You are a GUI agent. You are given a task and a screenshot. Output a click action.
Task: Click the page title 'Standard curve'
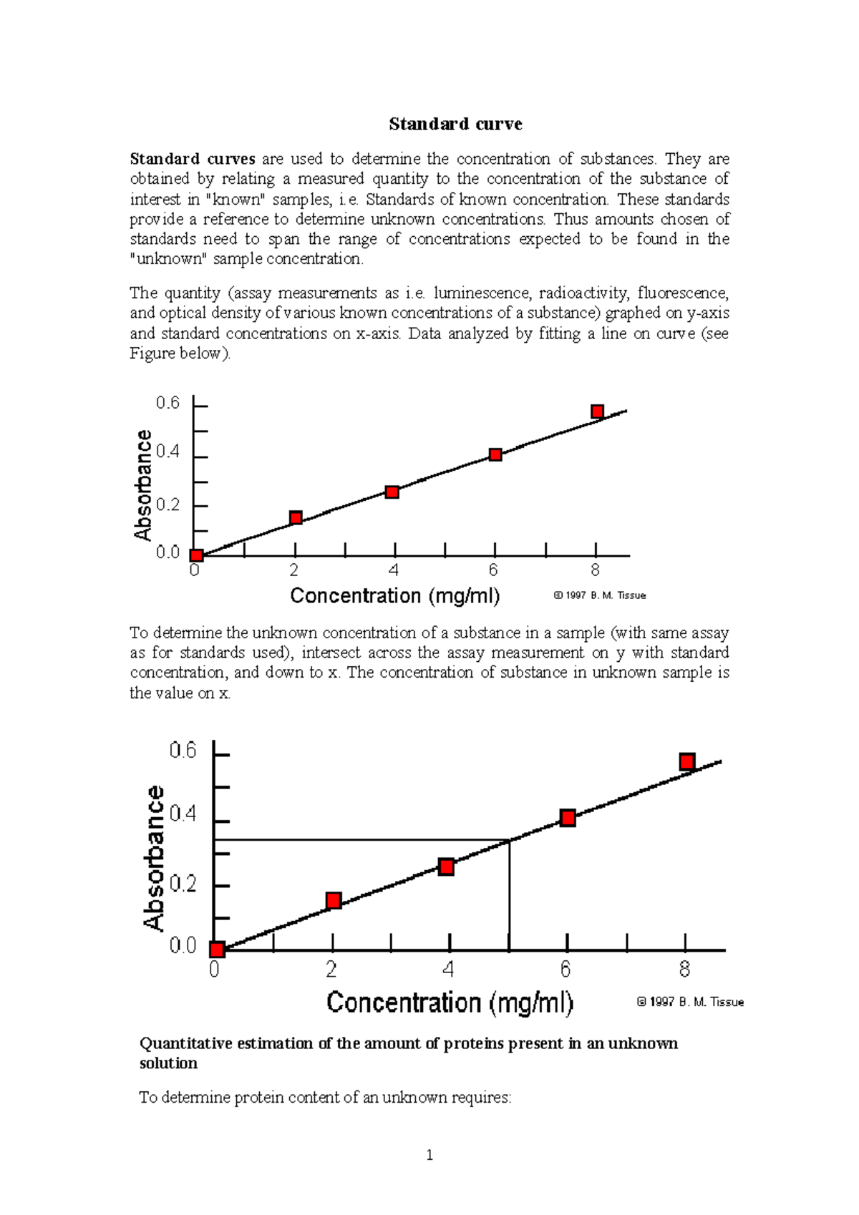click(x=455, y=124)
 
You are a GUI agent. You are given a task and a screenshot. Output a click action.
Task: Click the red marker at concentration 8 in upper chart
click(x=597, y=411)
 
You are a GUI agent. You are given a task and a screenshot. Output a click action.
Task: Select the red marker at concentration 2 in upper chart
click(x=296, y=517)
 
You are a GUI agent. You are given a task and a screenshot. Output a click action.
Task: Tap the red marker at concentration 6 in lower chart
click(x=568, y=818)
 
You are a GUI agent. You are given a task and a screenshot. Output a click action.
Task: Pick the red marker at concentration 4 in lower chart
click(x=446, y=867)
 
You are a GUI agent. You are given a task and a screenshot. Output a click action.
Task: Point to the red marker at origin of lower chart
click(x=217, y=950)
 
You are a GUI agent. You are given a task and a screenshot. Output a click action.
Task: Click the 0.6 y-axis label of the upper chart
click(x=168, y=404)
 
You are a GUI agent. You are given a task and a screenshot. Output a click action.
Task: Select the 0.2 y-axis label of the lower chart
click(x=183, y=884)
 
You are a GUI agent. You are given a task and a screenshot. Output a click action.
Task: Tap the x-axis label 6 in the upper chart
click(x=493, y=570)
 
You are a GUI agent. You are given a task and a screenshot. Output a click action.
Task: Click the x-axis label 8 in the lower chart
click(x=684, y=970)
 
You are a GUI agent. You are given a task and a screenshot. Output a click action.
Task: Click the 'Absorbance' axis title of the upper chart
click(x=143, y=485)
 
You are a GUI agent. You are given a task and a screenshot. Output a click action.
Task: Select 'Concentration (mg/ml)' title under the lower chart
click(x=450, y=1002)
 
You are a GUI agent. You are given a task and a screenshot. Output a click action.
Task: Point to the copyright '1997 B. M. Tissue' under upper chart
click(x=600, y=595)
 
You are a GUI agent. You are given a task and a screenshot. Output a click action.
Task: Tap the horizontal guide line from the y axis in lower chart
click(x=358, y=839)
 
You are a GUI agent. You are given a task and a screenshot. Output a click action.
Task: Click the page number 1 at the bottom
click(x=429, y=1155)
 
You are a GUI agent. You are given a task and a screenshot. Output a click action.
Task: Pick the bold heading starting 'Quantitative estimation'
click(x=408, y=1053)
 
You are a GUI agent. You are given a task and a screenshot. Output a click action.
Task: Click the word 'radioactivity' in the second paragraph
click(x=583, y=293)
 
